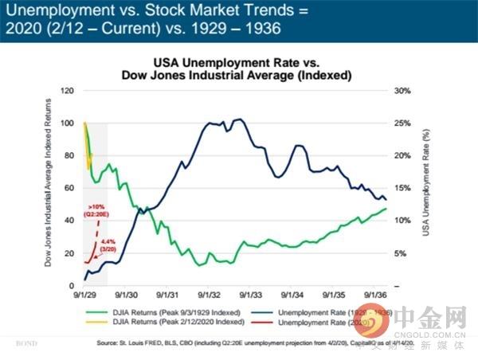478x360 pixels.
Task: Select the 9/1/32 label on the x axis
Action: pyautogui.click(x=208, y=295)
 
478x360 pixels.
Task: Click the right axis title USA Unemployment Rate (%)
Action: pyautogui.click(x=424, y=187)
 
